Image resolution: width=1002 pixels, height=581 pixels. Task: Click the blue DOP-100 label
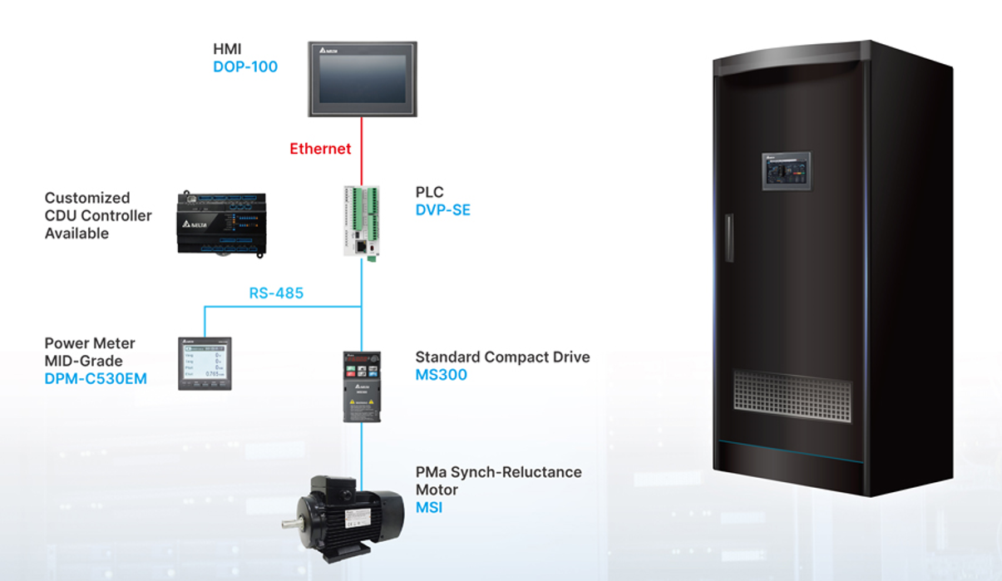[x=244, y=67]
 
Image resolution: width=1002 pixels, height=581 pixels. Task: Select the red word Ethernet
[x=320, y=150]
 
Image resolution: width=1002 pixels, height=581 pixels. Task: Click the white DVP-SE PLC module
[x=361, y=220]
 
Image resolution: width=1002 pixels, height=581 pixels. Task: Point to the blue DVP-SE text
[x=442, y=210]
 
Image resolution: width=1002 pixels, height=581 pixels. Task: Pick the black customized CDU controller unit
[x=221, y=224]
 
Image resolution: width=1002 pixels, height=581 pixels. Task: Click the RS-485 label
[x=276, y=293]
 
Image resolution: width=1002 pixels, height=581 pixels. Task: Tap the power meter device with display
[x=205, y=363]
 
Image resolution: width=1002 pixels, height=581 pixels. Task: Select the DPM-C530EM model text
[x=96, y=380]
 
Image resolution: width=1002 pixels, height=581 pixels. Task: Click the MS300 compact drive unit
[x=362, y=386]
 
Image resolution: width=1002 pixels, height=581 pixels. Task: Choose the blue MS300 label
[x=441, y=375]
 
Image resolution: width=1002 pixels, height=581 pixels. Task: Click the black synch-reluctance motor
[x=349, y=515]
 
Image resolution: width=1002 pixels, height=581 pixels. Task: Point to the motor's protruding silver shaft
[x=291, y=524]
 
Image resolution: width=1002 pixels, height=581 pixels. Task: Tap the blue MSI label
[x=429, y=507]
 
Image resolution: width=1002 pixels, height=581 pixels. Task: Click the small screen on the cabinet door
[x=786, y=171]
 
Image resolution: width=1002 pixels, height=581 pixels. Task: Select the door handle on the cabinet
[x=729, y=238]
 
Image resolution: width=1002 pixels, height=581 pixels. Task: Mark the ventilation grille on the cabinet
[x=792, y=395]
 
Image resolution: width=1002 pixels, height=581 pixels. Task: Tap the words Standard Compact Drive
[x=502, y=357]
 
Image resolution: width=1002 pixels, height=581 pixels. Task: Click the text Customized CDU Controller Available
[x=98, y=215]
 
